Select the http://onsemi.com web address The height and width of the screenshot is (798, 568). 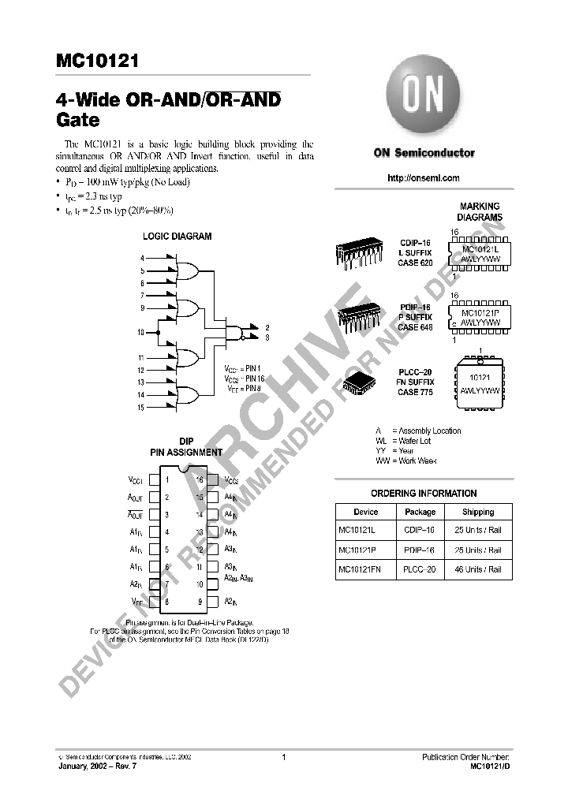424,178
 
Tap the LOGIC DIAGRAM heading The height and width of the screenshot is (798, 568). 177,236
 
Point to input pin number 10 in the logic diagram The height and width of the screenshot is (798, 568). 141,333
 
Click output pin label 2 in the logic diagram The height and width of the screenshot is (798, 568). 268,326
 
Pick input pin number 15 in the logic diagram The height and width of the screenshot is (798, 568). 141,407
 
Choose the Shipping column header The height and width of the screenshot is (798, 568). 478,512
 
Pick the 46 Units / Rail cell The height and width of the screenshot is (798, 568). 478,569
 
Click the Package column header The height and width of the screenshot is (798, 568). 420,512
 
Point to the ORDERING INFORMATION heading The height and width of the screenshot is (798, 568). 424,493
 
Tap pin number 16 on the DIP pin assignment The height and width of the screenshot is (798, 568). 200,479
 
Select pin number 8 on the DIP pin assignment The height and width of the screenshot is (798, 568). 166,602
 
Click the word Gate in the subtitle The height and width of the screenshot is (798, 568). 77,121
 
